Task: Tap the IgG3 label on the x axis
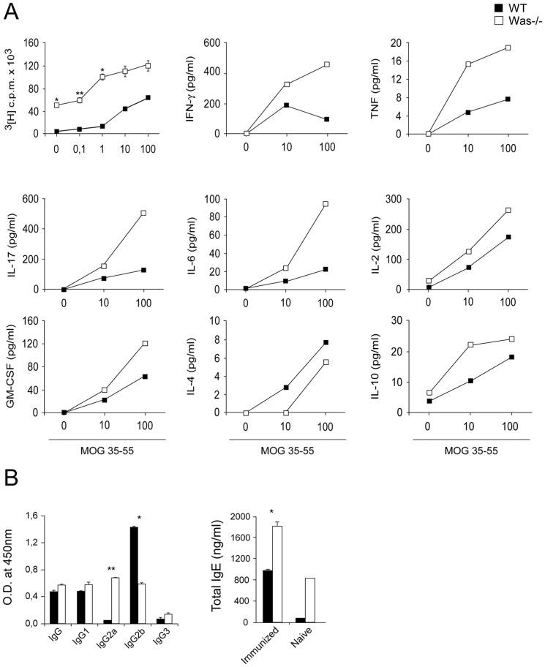[154, 641]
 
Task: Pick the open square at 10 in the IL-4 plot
[286, 412]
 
